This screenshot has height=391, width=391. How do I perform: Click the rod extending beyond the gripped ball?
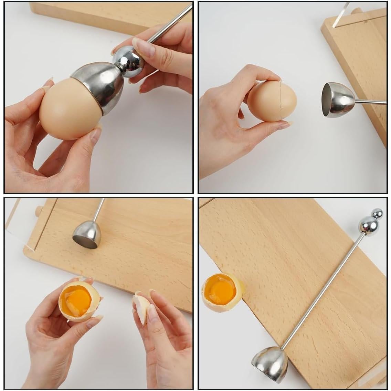169,26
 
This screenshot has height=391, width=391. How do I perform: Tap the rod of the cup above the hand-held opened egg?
99,211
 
